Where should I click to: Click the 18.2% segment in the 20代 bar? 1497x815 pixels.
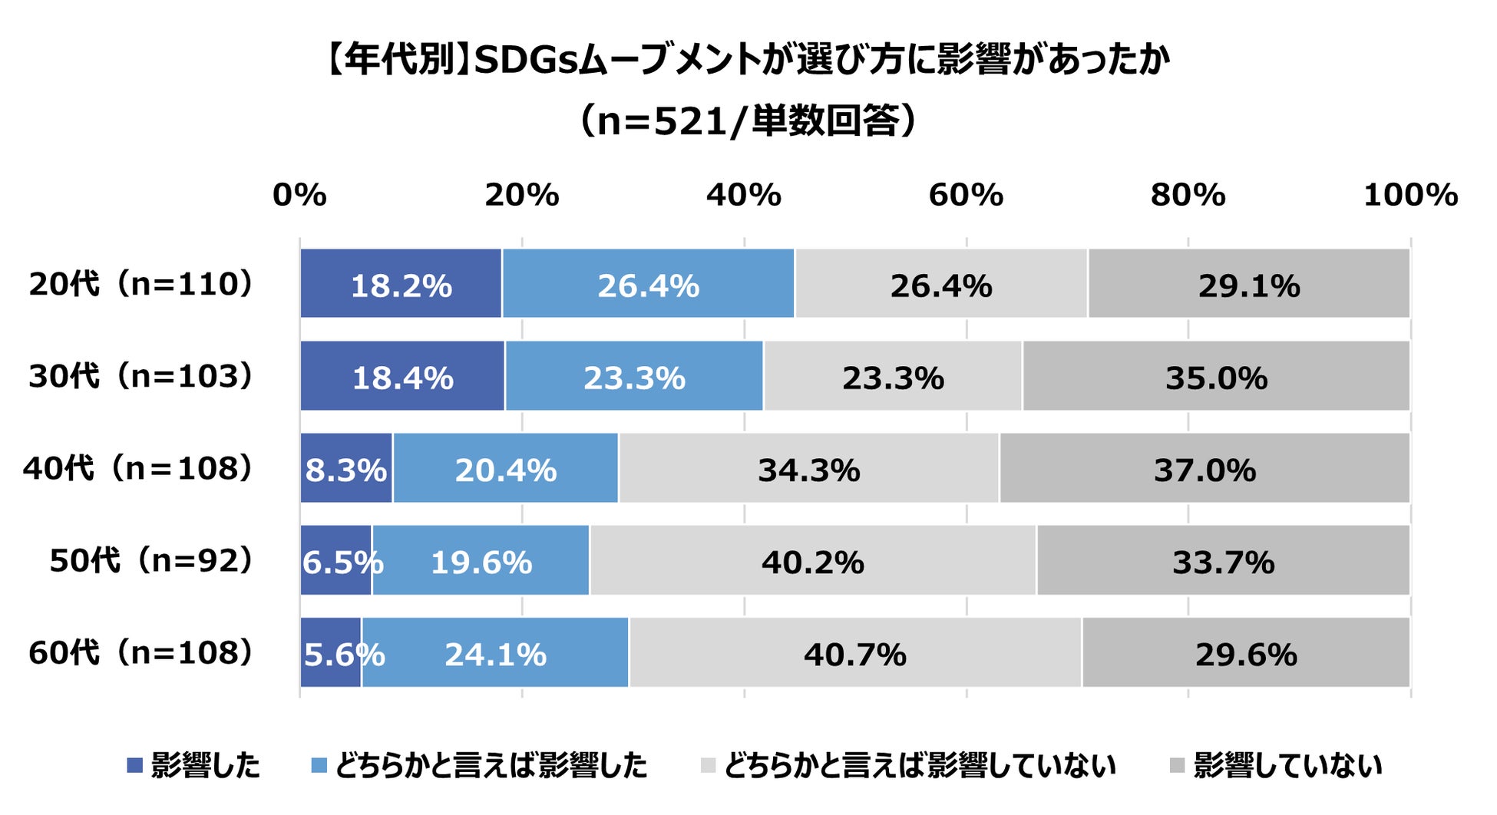401,284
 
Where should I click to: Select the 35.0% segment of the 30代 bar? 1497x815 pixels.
1216,377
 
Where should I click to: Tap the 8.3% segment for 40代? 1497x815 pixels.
345,469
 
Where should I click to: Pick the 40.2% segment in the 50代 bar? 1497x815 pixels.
812,561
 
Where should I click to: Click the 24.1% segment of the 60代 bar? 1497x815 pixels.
495,653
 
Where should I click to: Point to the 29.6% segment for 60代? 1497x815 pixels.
1245,653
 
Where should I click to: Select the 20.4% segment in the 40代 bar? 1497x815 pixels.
505,469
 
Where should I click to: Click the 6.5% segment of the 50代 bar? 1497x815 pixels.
336,561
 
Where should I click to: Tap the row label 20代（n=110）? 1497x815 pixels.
140,284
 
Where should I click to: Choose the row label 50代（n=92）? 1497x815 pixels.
150,561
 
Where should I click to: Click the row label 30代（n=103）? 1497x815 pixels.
140,377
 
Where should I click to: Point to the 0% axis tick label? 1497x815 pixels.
299,196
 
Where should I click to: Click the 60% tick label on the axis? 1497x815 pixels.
966,196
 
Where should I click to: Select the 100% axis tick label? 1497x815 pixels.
1409,196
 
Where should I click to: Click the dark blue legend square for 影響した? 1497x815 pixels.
135,765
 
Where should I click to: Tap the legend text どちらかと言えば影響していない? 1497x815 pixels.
919,765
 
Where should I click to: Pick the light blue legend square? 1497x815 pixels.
319,765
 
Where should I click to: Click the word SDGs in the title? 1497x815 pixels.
525,61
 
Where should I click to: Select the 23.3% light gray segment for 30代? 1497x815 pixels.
893,377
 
